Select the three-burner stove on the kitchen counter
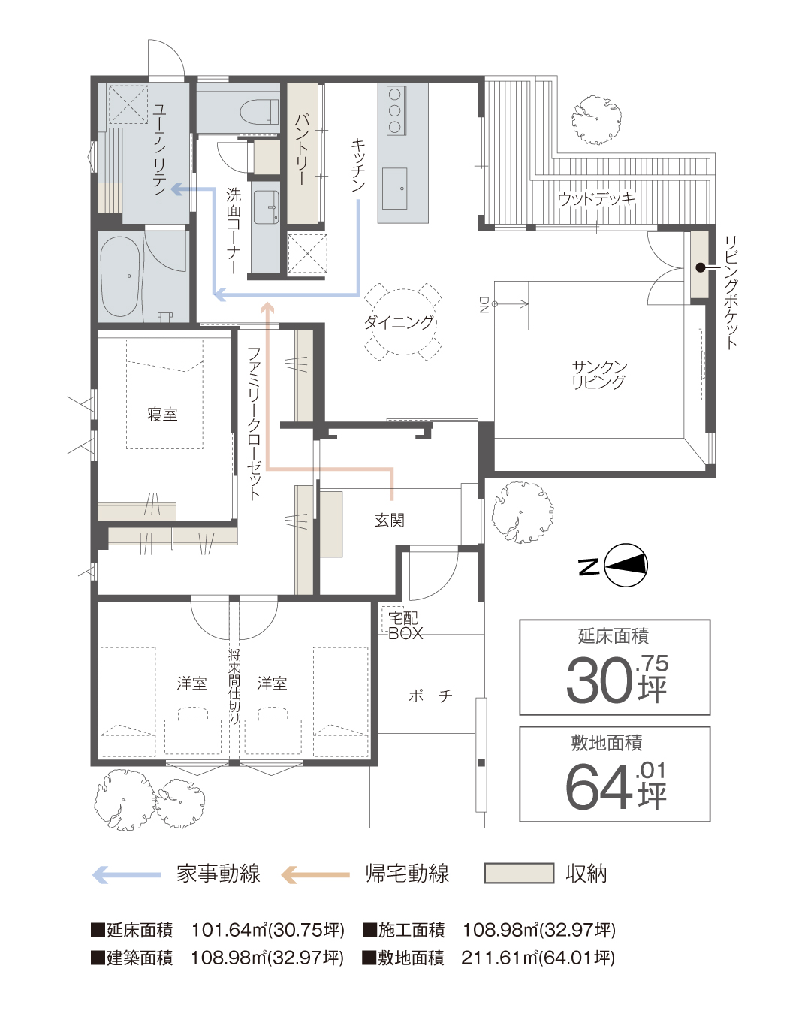[x=395, y=110]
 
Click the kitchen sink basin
[x=394, y=189]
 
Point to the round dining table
[x=402, y=322]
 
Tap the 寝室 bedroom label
[x=162, y=414]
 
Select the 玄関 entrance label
[x=389, y=521]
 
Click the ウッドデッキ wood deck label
[x=596, y=199]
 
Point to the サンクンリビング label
[x=599, y=375]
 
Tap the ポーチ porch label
[x=430, y=696]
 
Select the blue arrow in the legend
[x=126, y=874]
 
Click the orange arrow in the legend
[x=315, y=874]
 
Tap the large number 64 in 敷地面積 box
[x=598, y=788]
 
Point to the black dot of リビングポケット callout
[x=701, y=267]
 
